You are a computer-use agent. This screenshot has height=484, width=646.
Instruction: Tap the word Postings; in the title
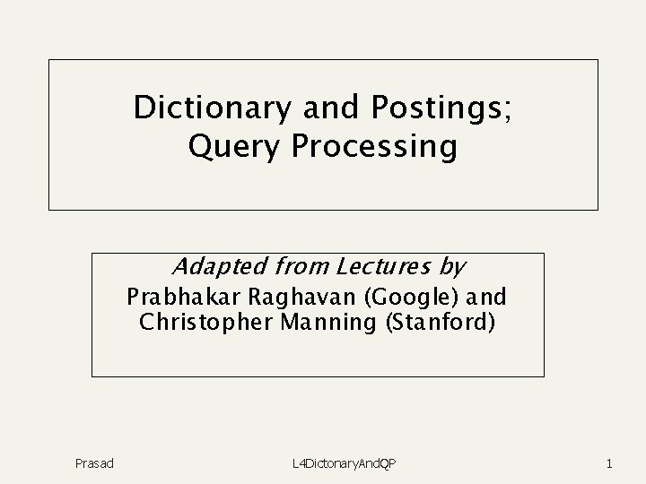(x=440, y=108)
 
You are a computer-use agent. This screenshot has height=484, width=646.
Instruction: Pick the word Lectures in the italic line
(x=383, y=267)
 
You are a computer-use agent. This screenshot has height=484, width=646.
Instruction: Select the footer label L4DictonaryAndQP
(x=345, y=463)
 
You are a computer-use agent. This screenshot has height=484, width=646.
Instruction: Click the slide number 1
(x=609, y=463)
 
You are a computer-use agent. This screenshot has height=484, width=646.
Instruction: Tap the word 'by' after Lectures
(x=452, y=267)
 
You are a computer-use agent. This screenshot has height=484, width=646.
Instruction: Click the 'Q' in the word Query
(x=200, y=146)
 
